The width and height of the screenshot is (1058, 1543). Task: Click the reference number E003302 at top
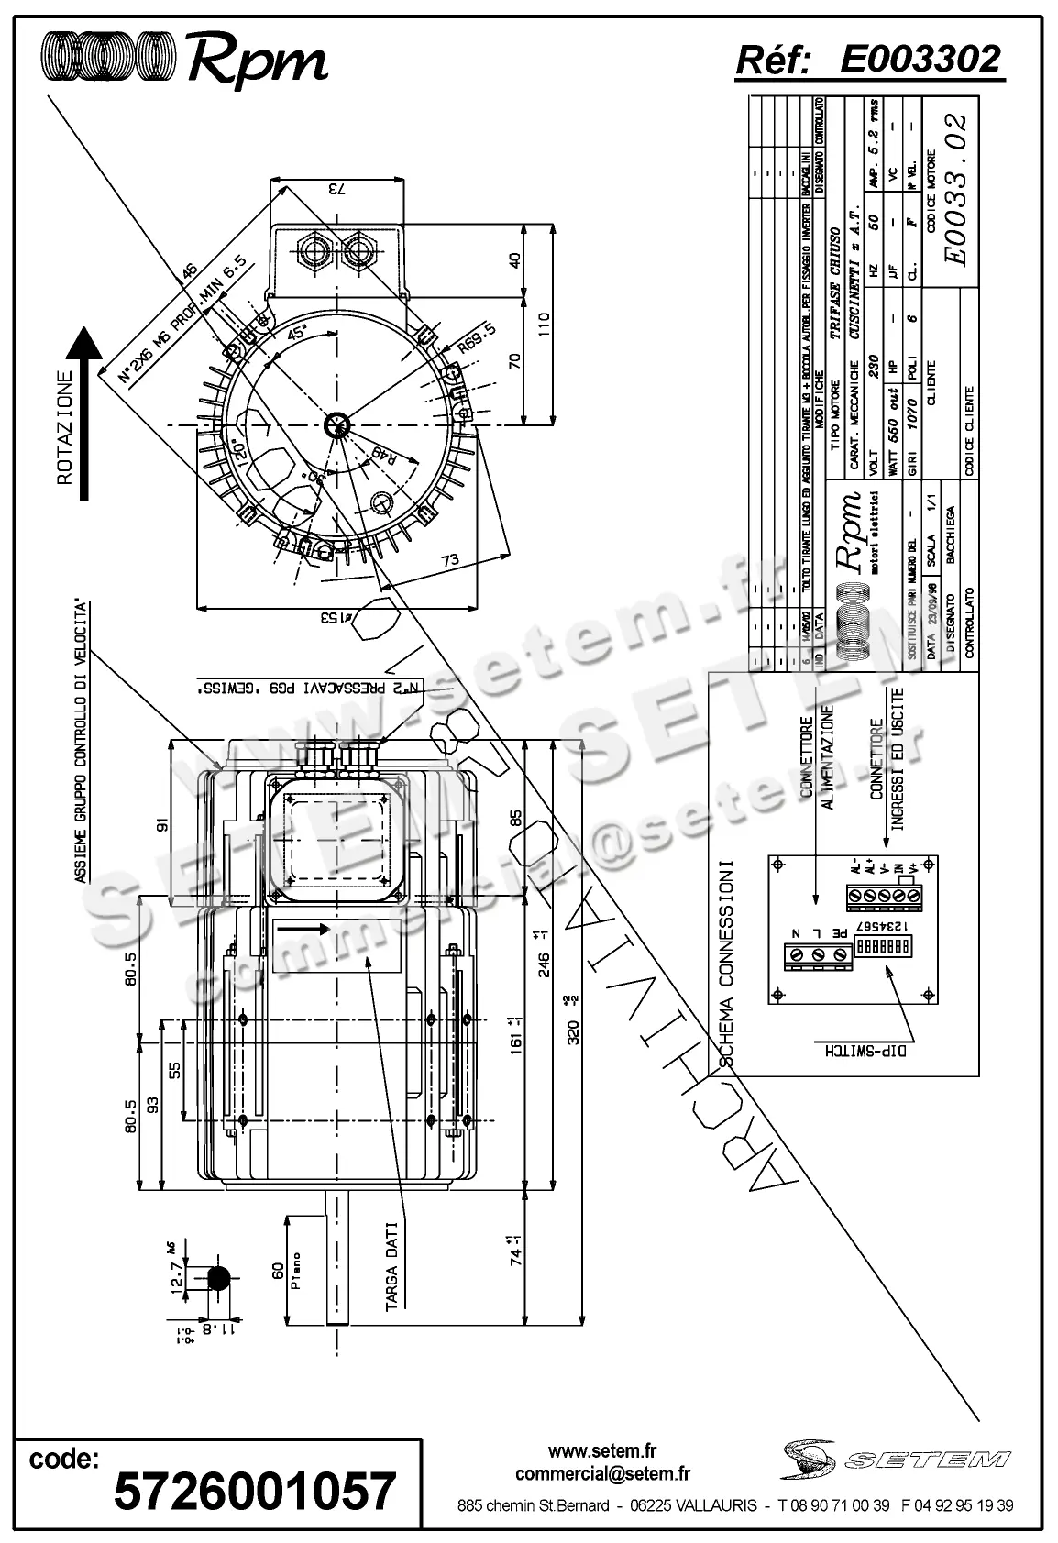tap(920, 60)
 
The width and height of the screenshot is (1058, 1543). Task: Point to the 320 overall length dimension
tap(574, 1032)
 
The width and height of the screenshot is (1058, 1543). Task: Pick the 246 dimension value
tap(544, 964)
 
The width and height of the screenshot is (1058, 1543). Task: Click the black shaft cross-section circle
tap(219, 1276)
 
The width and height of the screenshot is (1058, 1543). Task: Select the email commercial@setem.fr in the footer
tap(602, 1474)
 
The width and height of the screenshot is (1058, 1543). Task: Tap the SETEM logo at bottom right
tap(896, 1458)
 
